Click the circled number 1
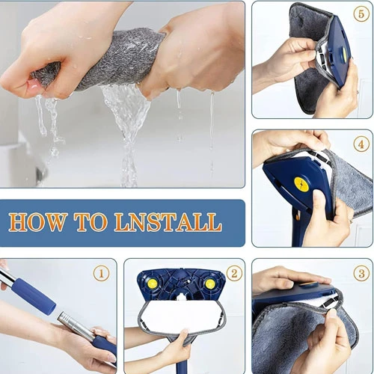click(x=101, y=274)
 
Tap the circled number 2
click(x=234, y=273)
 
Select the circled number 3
click(x=361, y=273)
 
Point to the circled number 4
click(x=361, y=144)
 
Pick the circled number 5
click(x=361, y=14)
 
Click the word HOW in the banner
click(x=37, y=221)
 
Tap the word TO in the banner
click(x=91, y=221)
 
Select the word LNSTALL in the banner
click(x=168, y=221)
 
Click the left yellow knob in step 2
click(x=152, y=283)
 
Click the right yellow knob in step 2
click(x=209, y=283)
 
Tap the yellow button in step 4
click(x=302, y=185)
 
